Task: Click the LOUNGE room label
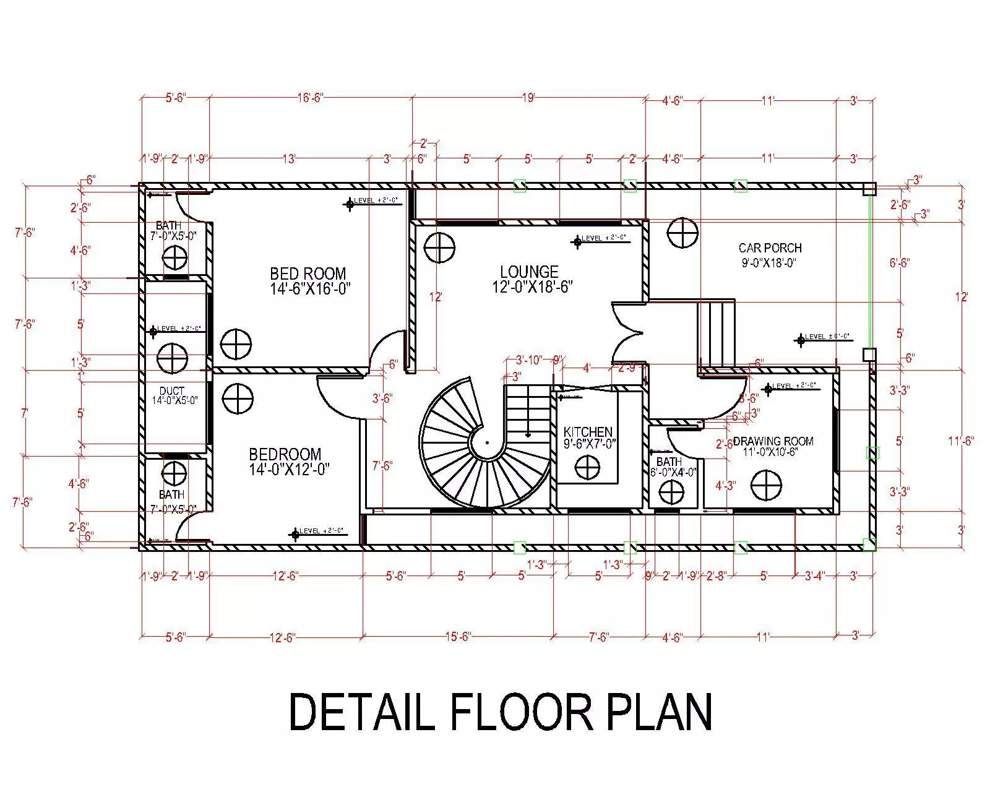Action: point(529,272)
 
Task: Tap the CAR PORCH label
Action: point(770,248)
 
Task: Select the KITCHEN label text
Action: point(588,432)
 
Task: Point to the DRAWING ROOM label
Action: point(773,441)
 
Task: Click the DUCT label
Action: point(171,391)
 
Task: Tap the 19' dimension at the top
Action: point(528,98)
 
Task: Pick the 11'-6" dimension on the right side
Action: point(961,441)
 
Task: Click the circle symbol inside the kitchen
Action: point(587,467)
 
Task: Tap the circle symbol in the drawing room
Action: point(766,484)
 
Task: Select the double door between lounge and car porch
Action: point(628,332)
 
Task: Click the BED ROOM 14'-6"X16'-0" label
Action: point(308,281)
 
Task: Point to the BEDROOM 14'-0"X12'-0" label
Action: point(285,462)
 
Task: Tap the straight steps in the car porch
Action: point(716,334)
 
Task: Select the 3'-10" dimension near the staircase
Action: point(529,359)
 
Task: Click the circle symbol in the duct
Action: point(172,358)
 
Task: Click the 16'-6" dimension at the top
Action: point(310,98)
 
